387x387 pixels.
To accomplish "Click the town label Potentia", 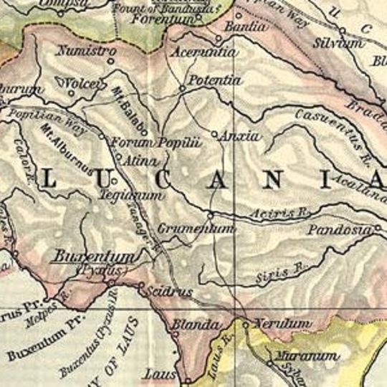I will [x=216, y=80].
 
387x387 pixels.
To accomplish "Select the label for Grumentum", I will [x=205, y=229].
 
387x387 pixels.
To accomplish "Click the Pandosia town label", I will [x=339, y=230].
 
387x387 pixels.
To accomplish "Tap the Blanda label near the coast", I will [x=193, y=325].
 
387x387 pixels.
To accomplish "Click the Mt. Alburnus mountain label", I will [x=69, y=153].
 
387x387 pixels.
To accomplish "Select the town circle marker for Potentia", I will [x=183, y=89].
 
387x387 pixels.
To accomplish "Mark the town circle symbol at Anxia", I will [x=214, y=133].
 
